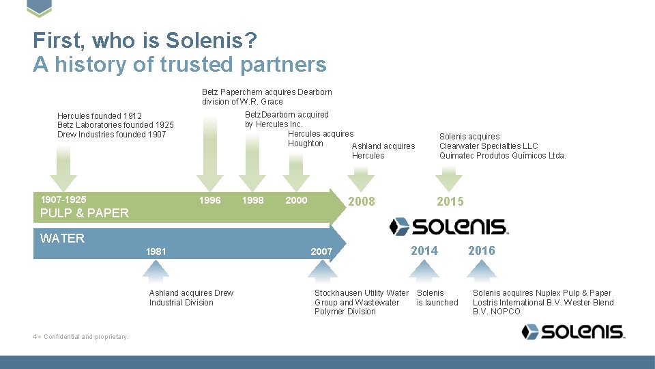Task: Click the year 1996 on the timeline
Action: click(209, 200)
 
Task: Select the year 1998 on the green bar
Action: click(252, 200)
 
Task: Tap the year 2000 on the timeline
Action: click(296, 200)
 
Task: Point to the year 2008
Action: click(362, 202)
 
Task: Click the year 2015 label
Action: click(450, 202)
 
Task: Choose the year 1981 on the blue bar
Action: click(156, 251)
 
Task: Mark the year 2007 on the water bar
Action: click(321, 251)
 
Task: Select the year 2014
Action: click(424, 251)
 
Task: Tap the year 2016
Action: click(482, 251)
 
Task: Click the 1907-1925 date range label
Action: click(63, 200)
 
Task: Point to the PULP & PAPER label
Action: click(85, 213)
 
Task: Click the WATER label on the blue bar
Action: click(63, 238)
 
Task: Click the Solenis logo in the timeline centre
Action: click(448, 227)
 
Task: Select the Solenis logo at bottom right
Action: click(573, 332)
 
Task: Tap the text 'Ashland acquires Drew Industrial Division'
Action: click(191, 298)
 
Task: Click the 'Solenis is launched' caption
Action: click(437, 298)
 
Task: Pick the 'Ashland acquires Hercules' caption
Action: click(383, 151)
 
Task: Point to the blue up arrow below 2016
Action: click(482, 273)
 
